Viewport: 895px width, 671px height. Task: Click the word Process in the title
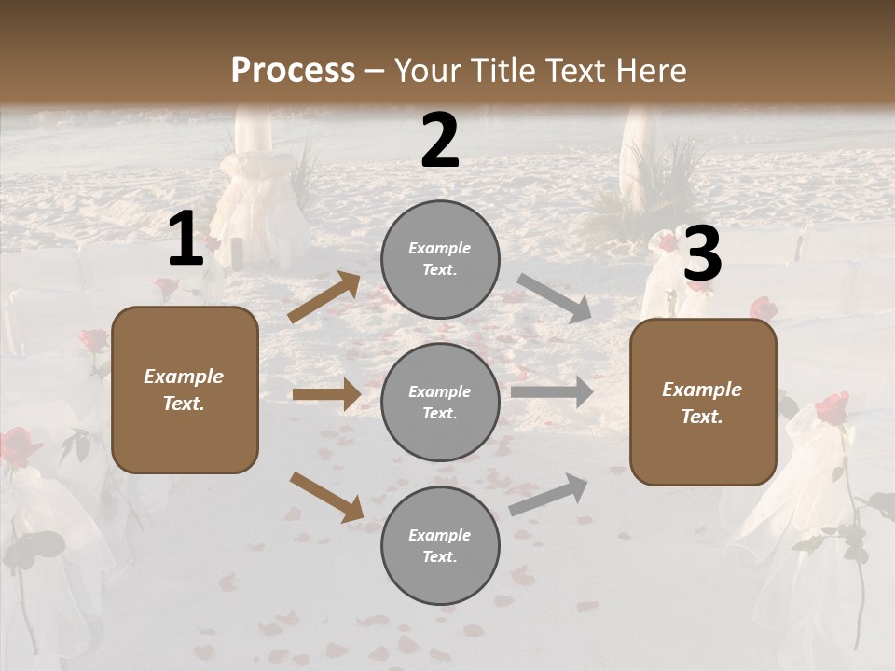(x=293, y=70)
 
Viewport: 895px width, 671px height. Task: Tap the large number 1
(x=185, y=240)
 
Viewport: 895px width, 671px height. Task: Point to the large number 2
(x=440, y=141)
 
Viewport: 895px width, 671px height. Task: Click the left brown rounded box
(x=185, y=390)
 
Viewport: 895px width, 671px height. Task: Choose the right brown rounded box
(x=703, y=403)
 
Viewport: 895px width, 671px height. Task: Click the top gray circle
(x=440, y=259)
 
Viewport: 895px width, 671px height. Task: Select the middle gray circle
(x=440, y=402)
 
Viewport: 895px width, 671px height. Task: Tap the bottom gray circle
(x=440, y=545)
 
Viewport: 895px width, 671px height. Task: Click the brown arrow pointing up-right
(x=324, y=297)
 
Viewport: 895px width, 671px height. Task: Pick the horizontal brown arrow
(x=326, y=394)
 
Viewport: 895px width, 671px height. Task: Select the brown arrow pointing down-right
(x=326, y=496)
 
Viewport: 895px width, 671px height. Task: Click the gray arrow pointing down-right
(x=554, y=298)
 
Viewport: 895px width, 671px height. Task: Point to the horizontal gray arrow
(x=551, y=391)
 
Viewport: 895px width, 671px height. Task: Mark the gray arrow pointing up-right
(x=548, y=494)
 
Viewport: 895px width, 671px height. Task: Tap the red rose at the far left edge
(x=16, y=445)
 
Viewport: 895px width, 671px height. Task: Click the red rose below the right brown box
(x=832, y=408)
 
